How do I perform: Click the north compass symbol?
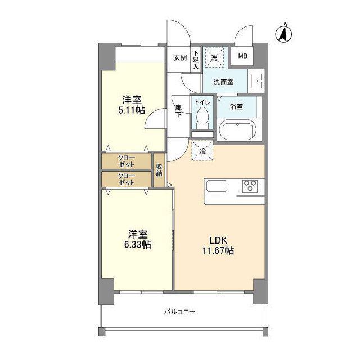pyautogui.click(x=283, y=33)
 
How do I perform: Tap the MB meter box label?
pyautogui.click(x=242, y=56)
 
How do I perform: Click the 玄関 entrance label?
pyautogui.click(x=180, y=57)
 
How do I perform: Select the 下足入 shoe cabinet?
pyautogui.click(x=196, y=60)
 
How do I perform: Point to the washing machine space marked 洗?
pyautogui.click(x=214, y=57)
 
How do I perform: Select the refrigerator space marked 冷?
pyautogui.click(x=202, y=150)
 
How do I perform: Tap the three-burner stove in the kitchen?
pyautogui.click(x=250, y=186)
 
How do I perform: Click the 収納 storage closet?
pyautogui.click(x=159, y=170)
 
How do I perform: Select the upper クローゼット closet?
pyautogui.click(x=126, y=161)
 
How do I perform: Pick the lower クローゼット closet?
pyautogui.click(x=126, y=179)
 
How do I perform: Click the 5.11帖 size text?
pyautogui.click(x=132, y=110)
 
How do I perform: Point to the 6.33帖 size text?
pyautogui.click(x=138, y=245)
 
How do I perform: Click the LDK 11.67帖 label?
pyautogui.click(x=218, y=245)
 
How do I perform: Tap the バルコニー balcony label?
pyautogui.click(x=180, y=312)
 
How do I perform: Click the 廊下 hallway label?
pyautogui.click(x=178, y=111)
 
